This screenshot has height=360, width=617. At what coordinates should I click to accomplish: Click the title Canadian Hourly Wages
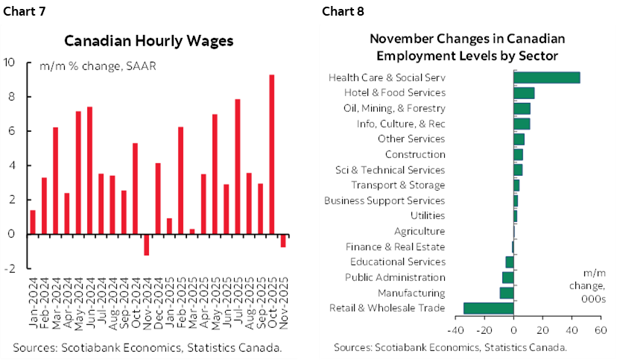(x=148, y=41)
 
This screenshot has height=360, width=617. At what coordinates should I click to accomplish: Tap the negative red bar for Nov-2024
(x=146, y=244)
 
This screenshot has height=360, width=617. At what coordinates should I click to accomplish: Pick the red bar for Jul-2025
(x=237, y=166)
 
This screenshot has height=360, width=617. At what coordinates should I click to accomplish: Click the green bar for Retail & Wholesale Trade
(x=488, y=308)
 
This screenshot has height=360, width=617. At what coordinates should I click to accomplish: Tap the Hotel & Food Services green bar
(x=524, y=93)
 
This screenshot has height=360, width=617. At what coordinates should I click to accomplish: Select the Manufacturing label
(x=411, y=293)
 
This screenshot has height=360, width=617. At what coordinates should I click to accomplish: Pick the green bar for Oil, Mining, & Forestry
(x=522, y=108)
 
